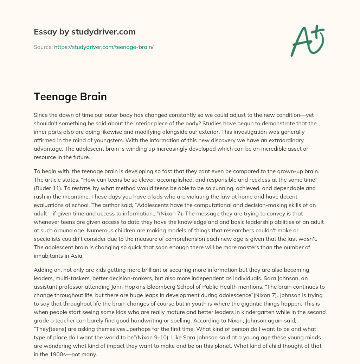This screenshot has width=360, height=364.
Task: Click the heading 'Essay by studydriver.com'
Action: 84,32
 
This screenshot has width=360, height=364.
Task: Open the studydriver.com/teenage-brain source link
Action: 104,47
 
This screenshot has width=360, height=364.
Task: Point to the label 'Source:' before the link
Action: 43,47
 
